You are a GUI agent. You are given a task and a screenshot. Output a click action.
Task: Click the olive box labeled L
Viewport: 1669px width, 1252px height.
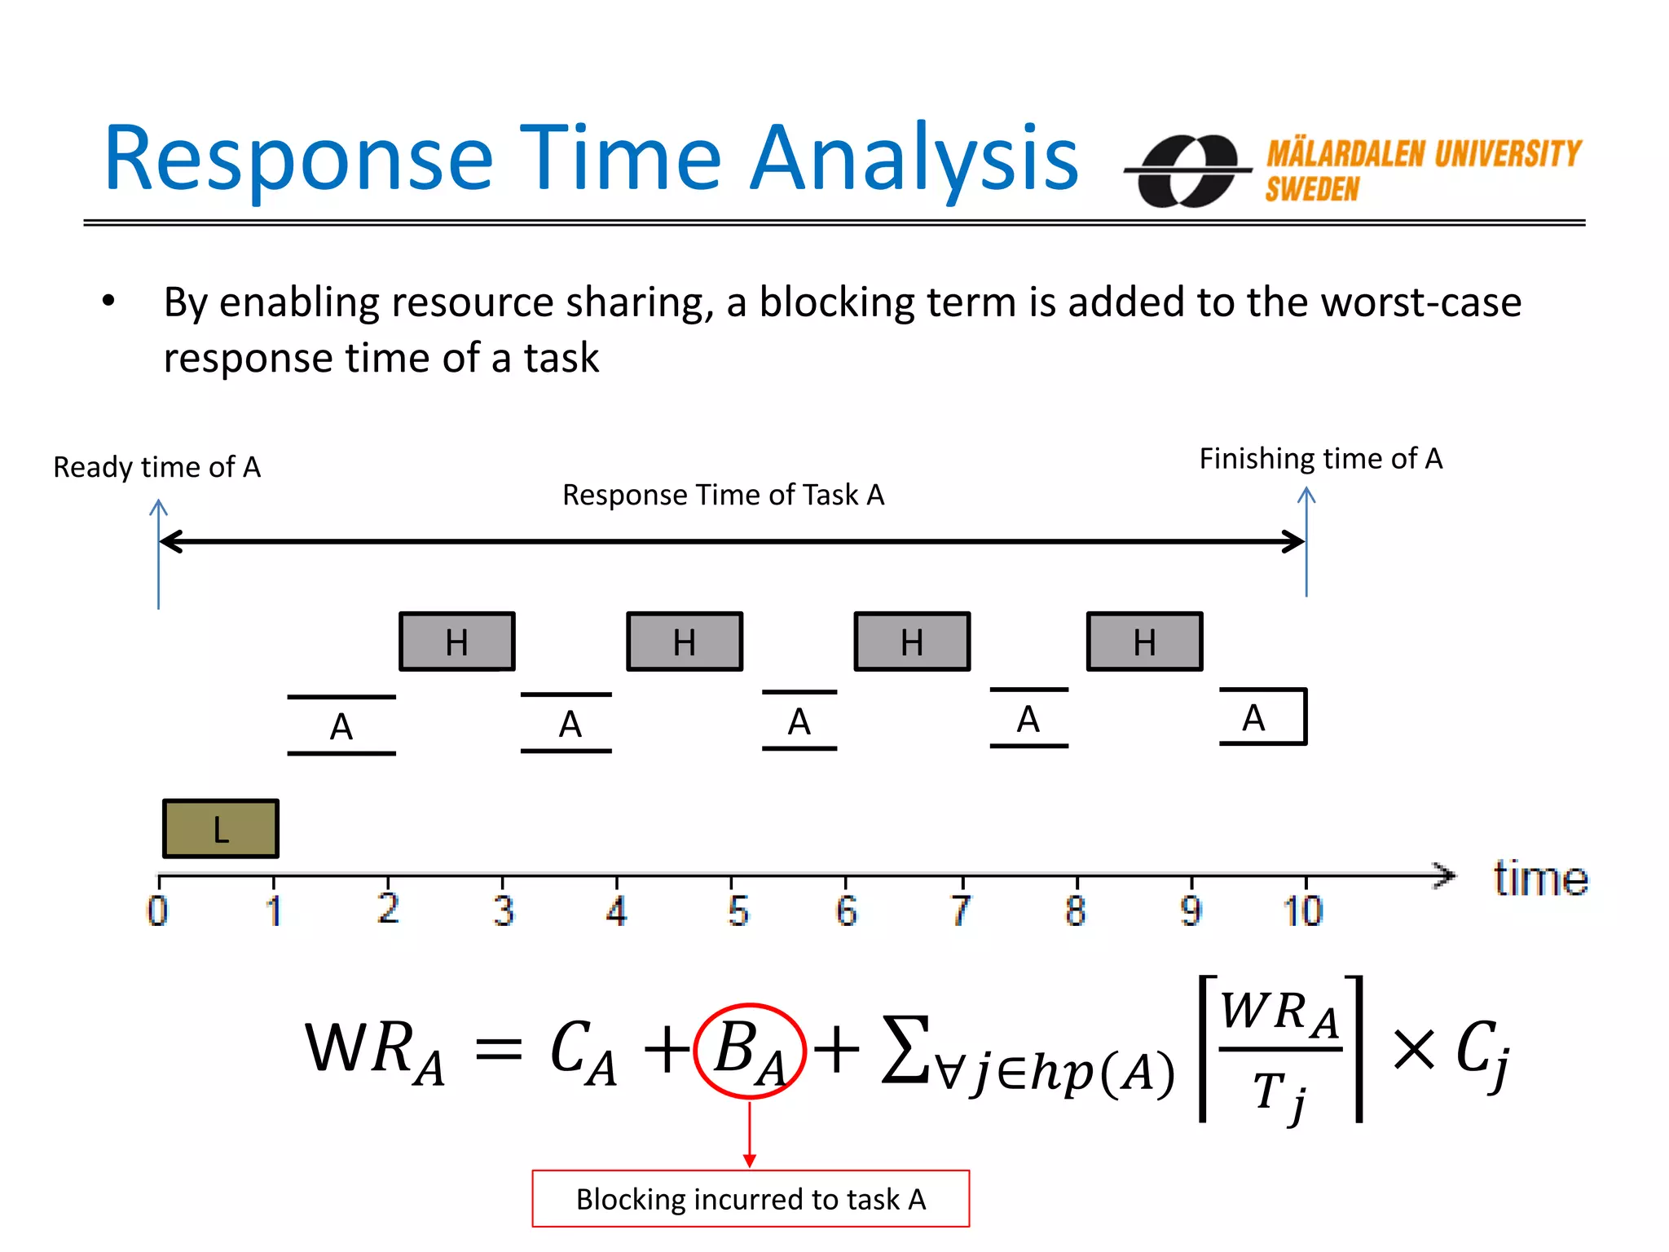[221, 828]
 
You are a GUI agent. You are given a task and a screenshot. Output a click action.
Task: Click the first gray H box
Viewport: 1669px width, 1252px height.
[457, 641]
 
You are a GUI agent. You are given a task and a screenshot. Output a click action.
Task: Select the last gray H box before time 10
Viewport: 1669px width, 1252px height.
[1144, 641]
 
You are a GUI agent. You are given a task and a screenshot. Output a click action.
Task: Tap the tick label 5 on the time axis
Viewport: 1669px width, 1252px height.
[738, 910]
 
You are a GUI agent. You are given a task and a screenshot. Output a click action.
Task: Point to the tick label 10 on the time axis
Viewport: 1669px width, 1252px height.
[1302, 910]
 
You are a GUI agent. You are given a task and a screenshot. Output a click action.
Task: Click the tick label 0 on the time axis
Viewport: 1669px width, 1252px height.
[158, 910]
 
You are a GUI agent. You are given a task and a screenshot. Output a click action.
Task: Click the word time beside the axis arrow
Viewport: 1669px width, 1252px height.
[1540, 879]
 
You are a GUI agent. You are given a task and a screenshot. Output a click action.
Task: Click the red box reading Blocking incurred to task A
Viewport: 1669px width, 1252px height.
[751, 1199]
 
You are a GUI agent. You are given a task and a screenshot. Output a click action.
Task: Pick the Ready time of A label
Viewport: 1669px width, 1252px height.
[156, 467]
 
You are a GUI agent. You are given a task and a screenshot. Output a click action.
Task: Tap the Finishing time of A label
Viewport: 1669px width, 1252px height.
[1320, 458]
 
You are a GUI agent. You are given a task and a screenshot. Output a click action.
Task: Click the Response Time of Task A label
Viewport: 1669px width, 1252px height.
[723, 495]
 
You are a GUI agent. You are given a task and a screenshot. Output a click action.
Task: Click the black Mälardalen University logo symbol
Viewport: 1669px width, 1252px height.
[1188, 171]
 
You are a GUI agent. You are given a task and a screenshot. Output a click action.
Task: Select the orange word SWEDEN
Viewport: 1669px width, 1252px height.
[1312, 189]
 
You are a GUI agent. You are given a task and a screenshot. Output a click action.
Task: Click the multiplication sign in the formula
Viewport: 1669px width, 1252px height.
[1413, 1049]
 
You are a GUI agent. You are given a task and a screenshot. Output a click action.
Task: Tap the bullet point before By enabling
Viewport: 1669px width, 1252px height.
[108, 302]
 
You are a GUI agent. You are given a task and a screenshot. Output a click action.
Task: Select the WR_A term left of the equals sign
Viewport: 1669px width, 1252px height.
[375, 1051]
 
